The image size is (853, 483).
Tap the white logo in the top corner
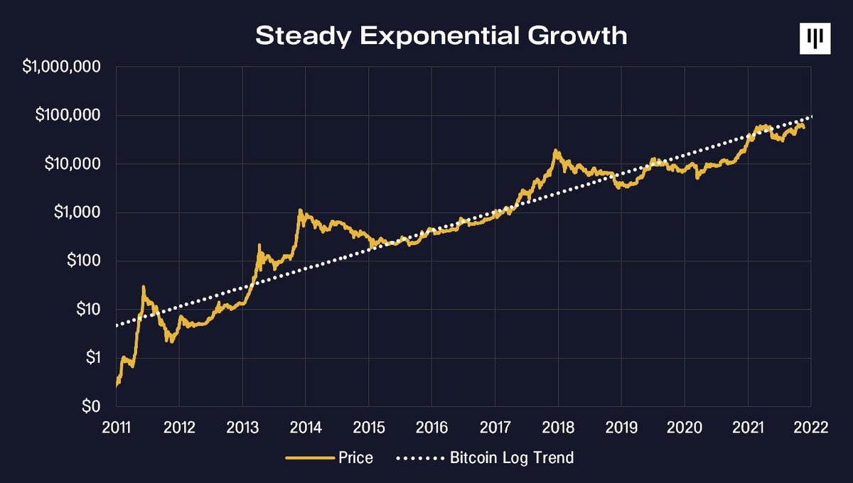(x=814, y=38)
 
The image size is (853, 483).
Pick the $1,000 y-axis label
(x=75, y=212)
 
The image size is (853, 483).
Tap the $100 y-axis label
(x=82, y=261)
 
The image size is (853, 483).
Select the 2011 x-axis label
(x=116, y=427)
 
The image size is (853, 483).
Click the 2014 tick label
(x=305, y=427)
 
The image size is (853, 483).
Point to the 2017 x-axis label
(x=495, y=427)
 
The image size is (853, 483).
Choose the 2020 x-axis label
(x=684, y=427)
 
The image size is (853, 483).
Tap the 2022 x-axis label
(x=810, y=427)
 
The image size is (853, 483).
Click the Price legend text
(x=356, y=458)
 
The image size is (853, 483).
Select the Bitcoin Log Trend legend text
(x=512, y=458)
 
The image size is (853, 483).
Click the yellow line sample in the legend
(x=310, y=458)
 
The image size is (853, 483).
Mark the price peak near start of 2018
(x=555, y=151)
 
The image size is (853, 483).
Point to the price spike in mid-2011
(x=144, y=287)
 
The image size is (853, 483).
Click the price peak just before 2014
(x=300, y=210)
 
